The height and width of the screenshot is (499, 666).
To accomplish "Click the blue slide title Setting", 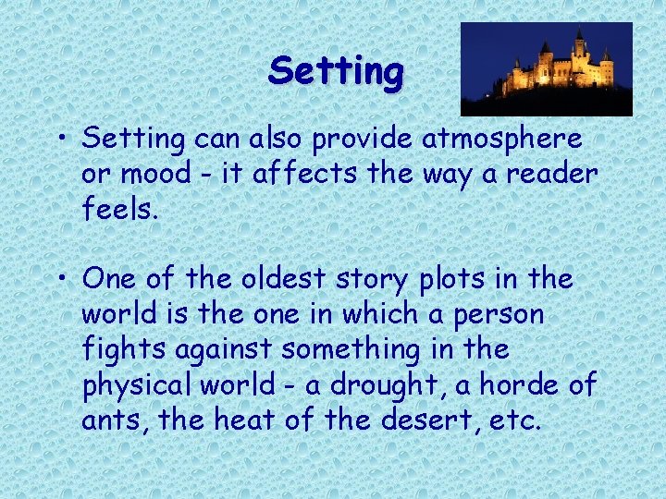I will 336,71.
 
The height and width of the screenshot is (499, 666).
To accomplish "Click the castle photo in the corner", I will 546,68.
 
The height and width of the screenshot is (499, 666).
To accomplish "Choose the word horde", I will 512,383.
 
